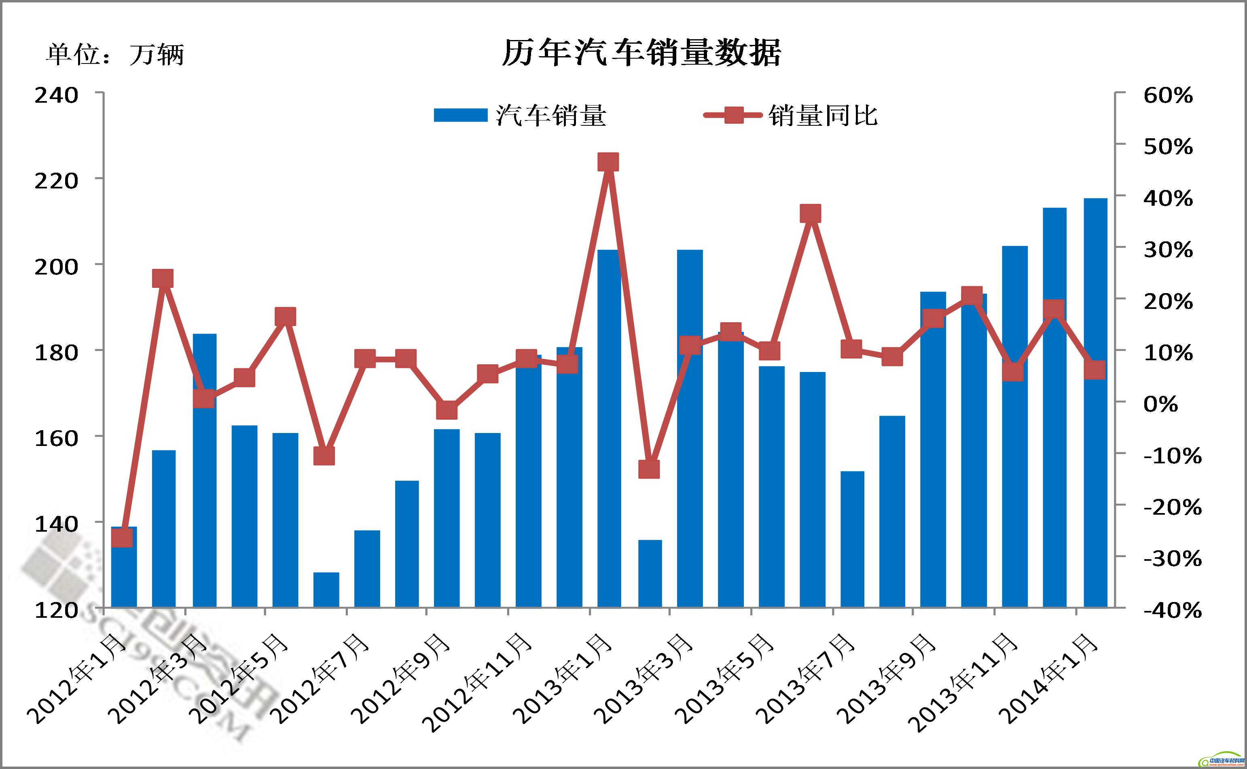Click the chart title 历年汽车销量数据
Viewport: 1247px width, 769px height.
tap(641, 53)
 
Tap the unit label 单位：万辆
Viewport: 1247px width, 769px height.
tap(115, 55)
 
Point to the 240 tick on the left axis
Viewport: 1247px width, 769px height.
tap(57, 95)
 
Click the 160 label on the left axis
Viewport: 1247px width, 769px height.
tap(57, 438)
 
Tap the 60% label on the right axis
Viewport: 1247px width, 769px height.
tap(1168, 95)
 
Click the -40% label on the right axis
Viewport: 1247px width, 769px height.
tap(1172, 611)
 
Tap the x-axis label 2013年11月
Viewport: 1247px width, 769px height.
tap(964, 682)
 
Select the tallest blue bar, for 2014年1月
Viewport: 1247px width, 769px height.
tap(1095, 402)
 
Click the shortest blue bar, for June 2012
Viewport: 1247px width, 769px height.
tap(326, 590)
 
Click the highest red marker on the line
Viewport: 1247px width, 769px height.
tap(608, 162)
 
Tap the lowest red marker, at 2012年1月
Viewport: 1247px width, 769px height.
tap(122, 537)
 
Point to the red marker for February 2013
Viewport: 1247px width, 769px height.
tap(649, 469)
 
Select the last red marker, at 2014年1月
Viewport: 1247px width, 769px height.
tap(1095, 370)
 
